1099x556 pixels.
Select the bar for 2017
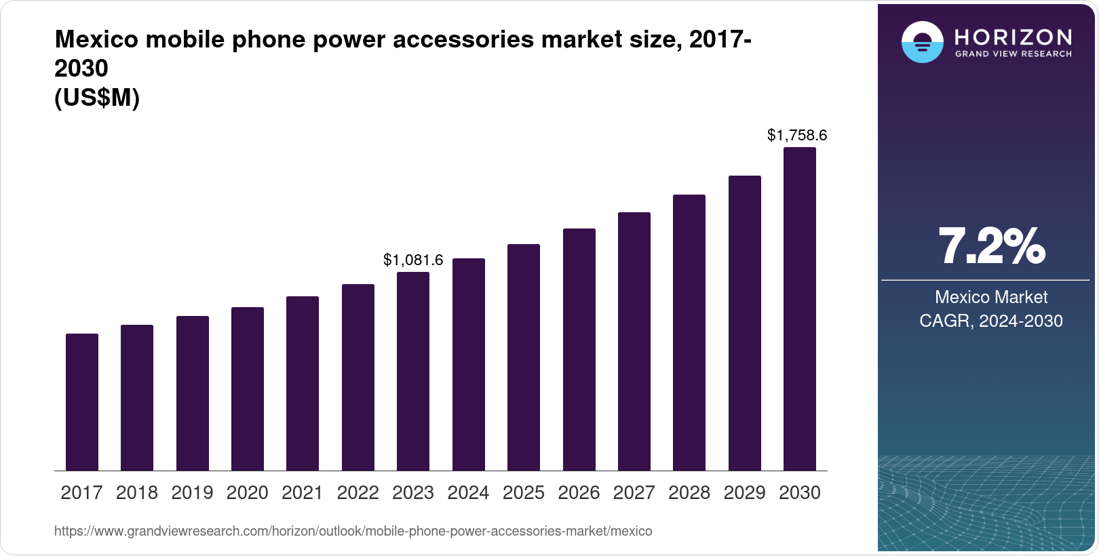[x=82, y=402]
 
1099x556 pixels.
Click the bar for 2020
[x=248, y=389]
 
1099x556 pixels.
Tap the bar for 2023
[x=413, y=371]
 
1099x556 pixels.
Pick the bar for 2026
[x=579, y=349]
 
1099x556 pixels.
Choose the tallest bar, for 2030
[x=800, y=309]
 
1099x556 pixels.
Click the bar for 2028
[x=689, y=332]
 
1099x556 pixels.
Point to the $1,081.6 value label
[x=413, y=260]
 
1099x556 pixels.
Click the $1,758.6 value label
[x=797, y=135]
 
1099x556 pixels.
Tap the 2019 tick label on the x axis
[x=192, y=493]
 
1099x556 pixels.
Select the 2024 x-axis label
[x=468, y=493]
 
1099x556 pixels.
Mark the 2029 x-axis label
[x=744, y=493]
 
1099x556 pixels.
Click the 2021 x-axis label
[x=303, y=493]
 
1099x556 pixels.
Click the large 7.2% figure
[x=991, y=246]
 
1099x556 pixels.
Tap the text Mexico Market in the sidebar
[x=991, y=297]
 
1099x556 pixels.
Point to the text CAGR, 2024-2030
[x=991, y=321]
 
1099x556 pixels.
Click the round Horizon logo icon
[x=922, y=42]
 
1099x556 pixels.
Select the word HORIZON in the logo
[x=1014, y=37]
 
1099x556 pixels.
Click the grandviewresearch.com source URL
[x=353, y=531]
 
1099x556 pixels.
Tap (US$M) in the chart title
[x=97, y=98]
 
